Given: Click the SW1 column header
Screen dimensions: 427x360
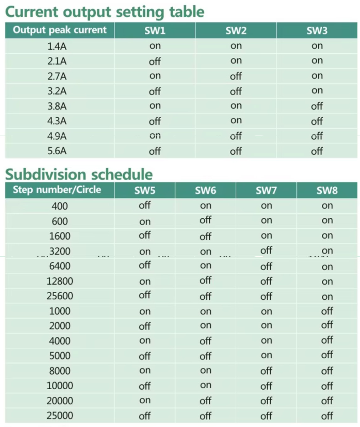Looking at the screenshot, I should [x=155, y=30].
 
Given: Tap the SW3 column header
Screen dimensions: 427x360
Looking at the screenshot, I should [x=317, y=30].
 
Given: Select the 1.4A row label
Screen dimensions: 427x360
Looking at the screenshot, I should [x=57, y=46].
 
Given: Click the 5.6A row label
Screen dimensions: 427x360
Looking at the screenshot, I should [x=57, y=151].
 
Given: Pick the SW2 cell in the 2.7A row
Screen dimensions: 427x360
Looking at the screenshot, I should [x=236, y=76].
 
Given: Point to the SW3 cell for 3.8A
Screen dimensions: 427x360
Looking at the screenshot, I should [x=317, y=106].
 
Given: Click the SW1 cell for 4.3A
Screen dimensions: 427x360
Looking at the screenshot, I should [x=155, y=121].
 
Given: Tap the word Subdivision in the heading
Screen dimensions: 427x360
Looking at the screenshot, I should [x=46, y=174].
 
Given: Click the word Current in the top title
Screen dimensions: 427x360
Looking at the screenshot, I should [x=32, y=12].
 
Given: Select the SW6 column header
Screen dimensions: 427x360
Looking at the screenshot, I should [x=206, y=190].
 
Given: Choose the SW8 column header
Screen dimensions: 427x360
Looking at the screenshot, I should [x=327, y=190].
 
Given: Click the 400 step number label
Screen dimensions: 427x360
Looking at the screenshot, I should [x=60, y=206].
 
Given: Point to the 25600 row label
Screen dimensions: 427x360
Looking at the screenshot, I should [x=60, y=296].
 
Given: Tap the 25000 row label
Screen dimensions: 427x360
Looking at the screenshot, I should [x=60, y=416].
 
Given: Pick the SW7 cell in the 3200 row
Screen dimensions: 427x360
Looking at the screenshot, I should [x=266, y=250].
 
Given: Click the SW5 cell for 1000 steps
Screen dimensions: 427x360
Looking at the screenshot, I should [x=145, y=312].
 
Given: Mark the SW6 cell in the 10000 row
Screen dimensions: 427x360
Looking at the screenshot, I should [x=206, y=385].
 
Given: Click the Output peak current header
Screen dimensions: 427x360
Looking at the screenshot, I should [x=60, y=30].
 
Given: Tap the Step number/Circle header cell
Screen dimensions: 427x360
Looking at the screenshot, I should [x=57, y=190].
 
